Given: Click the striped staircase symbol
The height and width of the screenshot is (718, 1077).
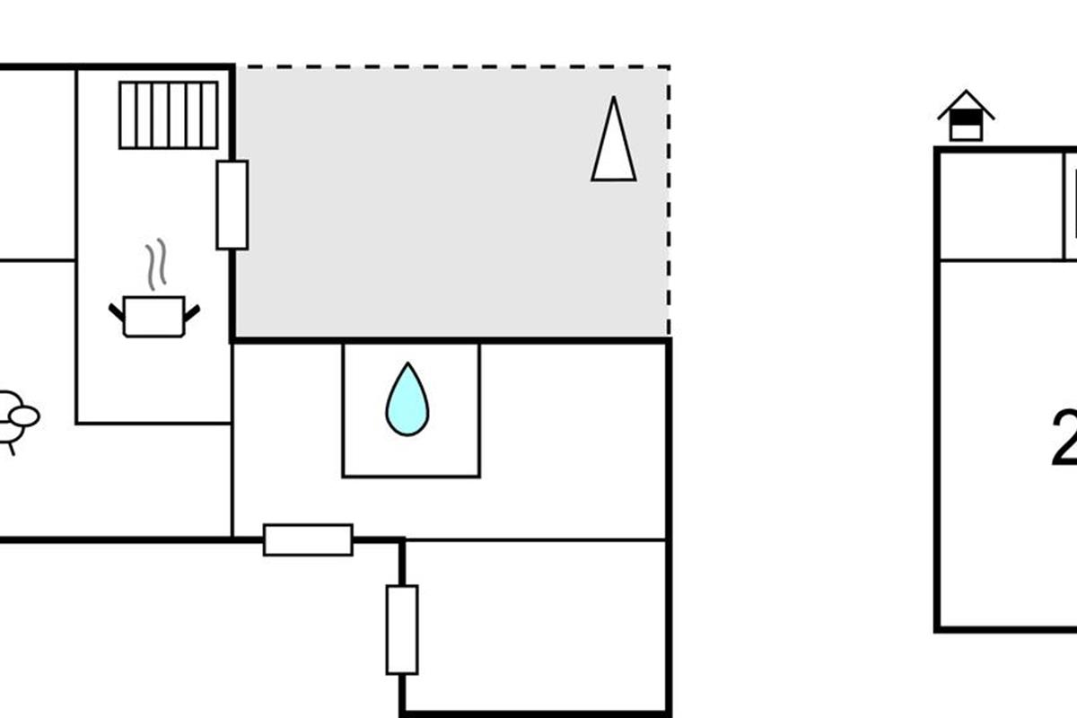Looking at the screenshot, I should coord(169,115).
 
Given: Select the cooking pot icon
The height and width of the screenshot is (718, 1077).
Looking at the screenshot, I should coord(153,316).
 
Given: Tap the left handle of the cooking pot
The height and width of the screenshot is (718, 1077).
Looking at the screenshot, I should coord(116,312).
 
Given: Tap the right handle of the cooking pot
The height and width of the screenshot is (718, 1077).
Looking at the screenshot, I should coord(191,312).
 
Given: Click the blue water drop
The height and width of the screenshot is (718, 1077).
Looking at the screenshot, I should coord(407,401).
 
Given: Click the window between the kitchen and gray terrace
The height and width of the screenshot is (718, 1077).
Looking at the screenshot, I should coord(232,205).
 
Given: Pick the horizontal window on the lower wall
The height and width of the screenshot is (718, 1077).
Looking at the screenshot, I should coord(308,539).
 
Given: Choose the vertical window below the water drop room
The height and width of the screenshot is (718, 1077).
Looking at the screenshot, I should coord(402,629).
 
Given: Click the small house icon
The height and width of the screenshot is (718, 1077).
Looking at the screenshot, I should coord(966,116).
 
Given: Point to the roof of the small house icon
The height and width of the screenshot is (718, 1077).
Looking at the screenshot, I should coord(966,101).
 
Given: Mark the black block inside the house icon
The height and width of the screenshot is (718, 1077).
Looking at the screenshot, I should coord(966,117).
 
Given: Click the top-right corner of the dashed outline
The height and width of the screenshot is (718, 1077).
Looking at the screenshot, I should coord(670,66).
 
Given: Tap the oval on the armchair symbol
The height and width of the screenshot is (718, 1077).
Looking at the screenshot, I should coord(23,416).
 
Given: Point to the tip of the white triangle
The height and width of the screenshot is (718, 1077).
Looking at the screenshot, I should coord(614,99).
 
